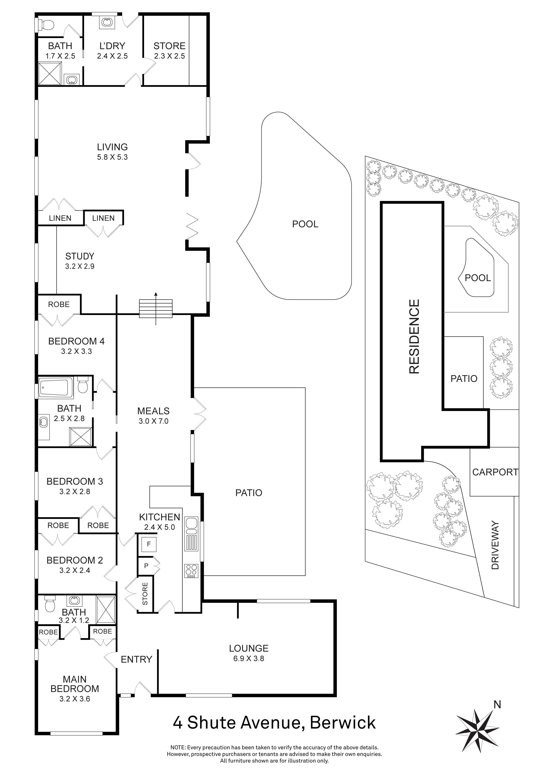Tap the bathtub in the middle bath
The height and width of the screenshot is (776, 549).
pyautogui.click(x=56, y=388)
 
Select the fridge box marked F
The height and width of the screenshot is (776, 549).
pyautogui.click(x=149, y=544)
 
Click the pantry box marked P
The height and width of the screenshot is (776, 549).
pyautogui.click(x=146, y=565)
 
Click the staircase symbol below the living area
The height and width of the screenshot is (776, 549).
pyautogui.click(x=156, y=308)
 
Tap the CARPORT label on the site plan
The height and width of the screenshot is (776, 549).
pyautogui.click(x=495, y=472)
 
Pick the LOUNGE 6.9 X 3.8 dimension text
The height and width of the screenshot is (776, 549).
pyautogui.click(x=248, y=658)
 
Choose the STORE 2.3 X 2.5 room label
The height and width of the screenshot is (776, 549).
pyautogui.click(x=169, y=51)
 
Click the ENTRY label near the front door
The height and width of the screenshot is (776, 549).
pyautogui.click(x=137, y=659)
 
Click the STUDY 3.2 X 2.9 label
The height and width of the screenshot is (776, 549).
pyautogui.click(x=80, y=261)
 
